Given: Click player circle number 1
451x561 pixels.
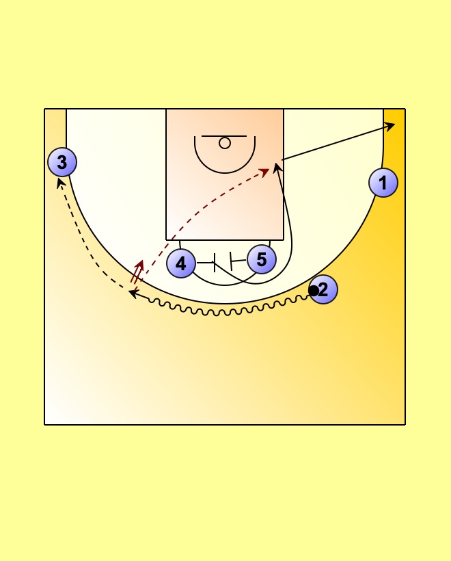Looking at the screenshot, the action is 383,183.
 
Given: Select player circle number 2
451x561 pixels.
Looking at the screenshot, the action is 323,289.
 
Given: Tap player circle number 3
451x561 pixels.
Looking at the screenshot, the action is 62,162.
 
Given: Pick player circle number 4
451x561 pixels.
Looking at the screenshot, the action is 180,263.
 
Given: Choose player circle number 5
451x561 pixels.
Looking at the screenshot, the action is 262,259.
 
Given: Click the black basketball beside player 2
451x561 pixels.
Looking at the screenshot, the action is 313,291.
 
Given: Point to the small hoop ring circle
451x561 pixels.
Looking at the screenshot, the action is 225,143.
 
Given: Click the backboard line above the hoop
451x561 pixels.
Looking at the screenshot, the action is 225,136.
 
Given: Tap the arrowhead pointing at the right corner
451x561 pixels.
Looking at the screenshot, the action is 391,125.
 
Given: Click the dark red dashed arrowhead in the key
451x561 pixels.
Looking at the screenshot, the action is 265,171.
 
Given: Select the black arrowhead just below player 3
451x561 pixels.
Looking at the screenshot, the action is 61,182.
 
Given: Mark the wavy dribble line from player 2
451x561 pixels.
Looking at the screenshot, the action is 225,312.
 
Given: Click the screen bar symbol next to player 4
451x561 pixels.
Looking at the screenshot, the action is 215,263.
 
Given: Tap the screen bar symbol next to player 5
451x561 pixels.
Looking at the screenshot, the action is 232,260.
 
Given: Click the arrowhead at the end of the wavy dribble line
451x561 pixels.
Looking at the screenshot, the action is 133,293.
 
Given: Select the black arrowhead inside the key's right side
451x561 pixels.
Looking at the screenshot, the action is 277,166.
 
